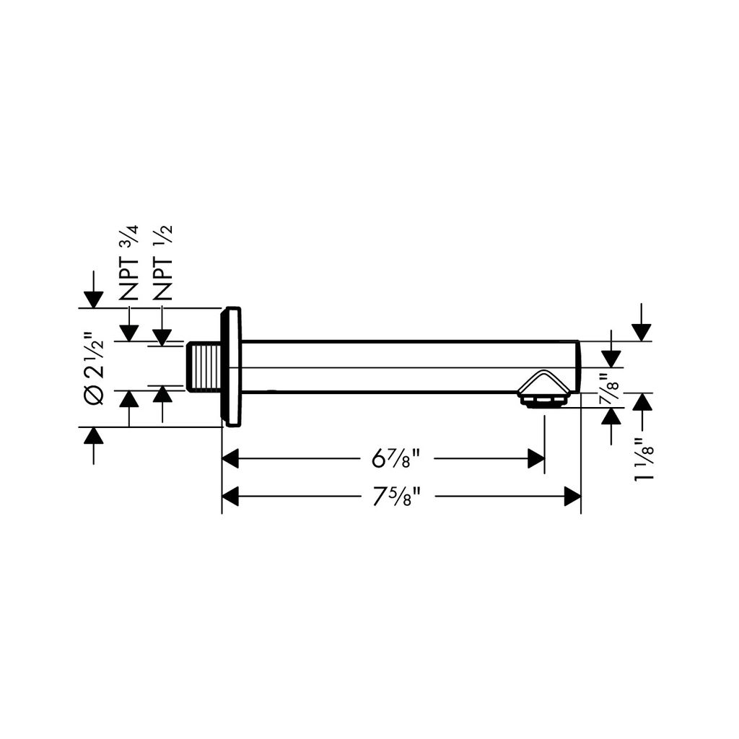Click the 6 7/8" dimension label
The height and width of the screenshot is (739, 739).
(396, 458)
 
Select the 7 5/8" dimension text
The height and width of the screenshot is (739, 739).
(396, 497)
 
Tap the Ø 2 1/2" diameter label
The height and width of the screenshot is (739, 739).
(94, 372)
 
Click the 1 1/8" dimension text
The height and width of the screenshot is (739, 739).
(644, 459)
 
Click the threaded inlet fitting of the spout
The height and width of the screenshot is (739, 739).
(204, 367)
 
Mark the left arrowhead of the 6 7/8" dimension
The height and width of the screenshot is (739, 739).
(230, 458)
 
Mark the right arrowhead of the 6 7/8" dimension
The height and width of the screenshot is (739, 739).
(536, 458)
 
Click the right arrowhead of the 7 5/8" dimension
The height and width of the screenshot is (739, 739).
(572, 497)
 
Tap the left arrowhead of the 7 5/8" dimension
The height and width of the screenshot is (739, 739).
(230, 497)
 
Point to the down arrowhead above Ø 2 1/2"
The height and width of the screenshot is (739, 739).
(94, 300)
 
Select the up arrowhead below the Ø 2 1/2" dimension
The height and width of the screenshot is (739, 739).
(94, 435)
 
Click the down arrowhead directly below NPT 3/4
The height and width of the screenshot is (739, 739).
(128, 333)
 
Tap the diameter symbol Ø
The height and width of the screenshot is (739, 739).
(94, 395)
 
